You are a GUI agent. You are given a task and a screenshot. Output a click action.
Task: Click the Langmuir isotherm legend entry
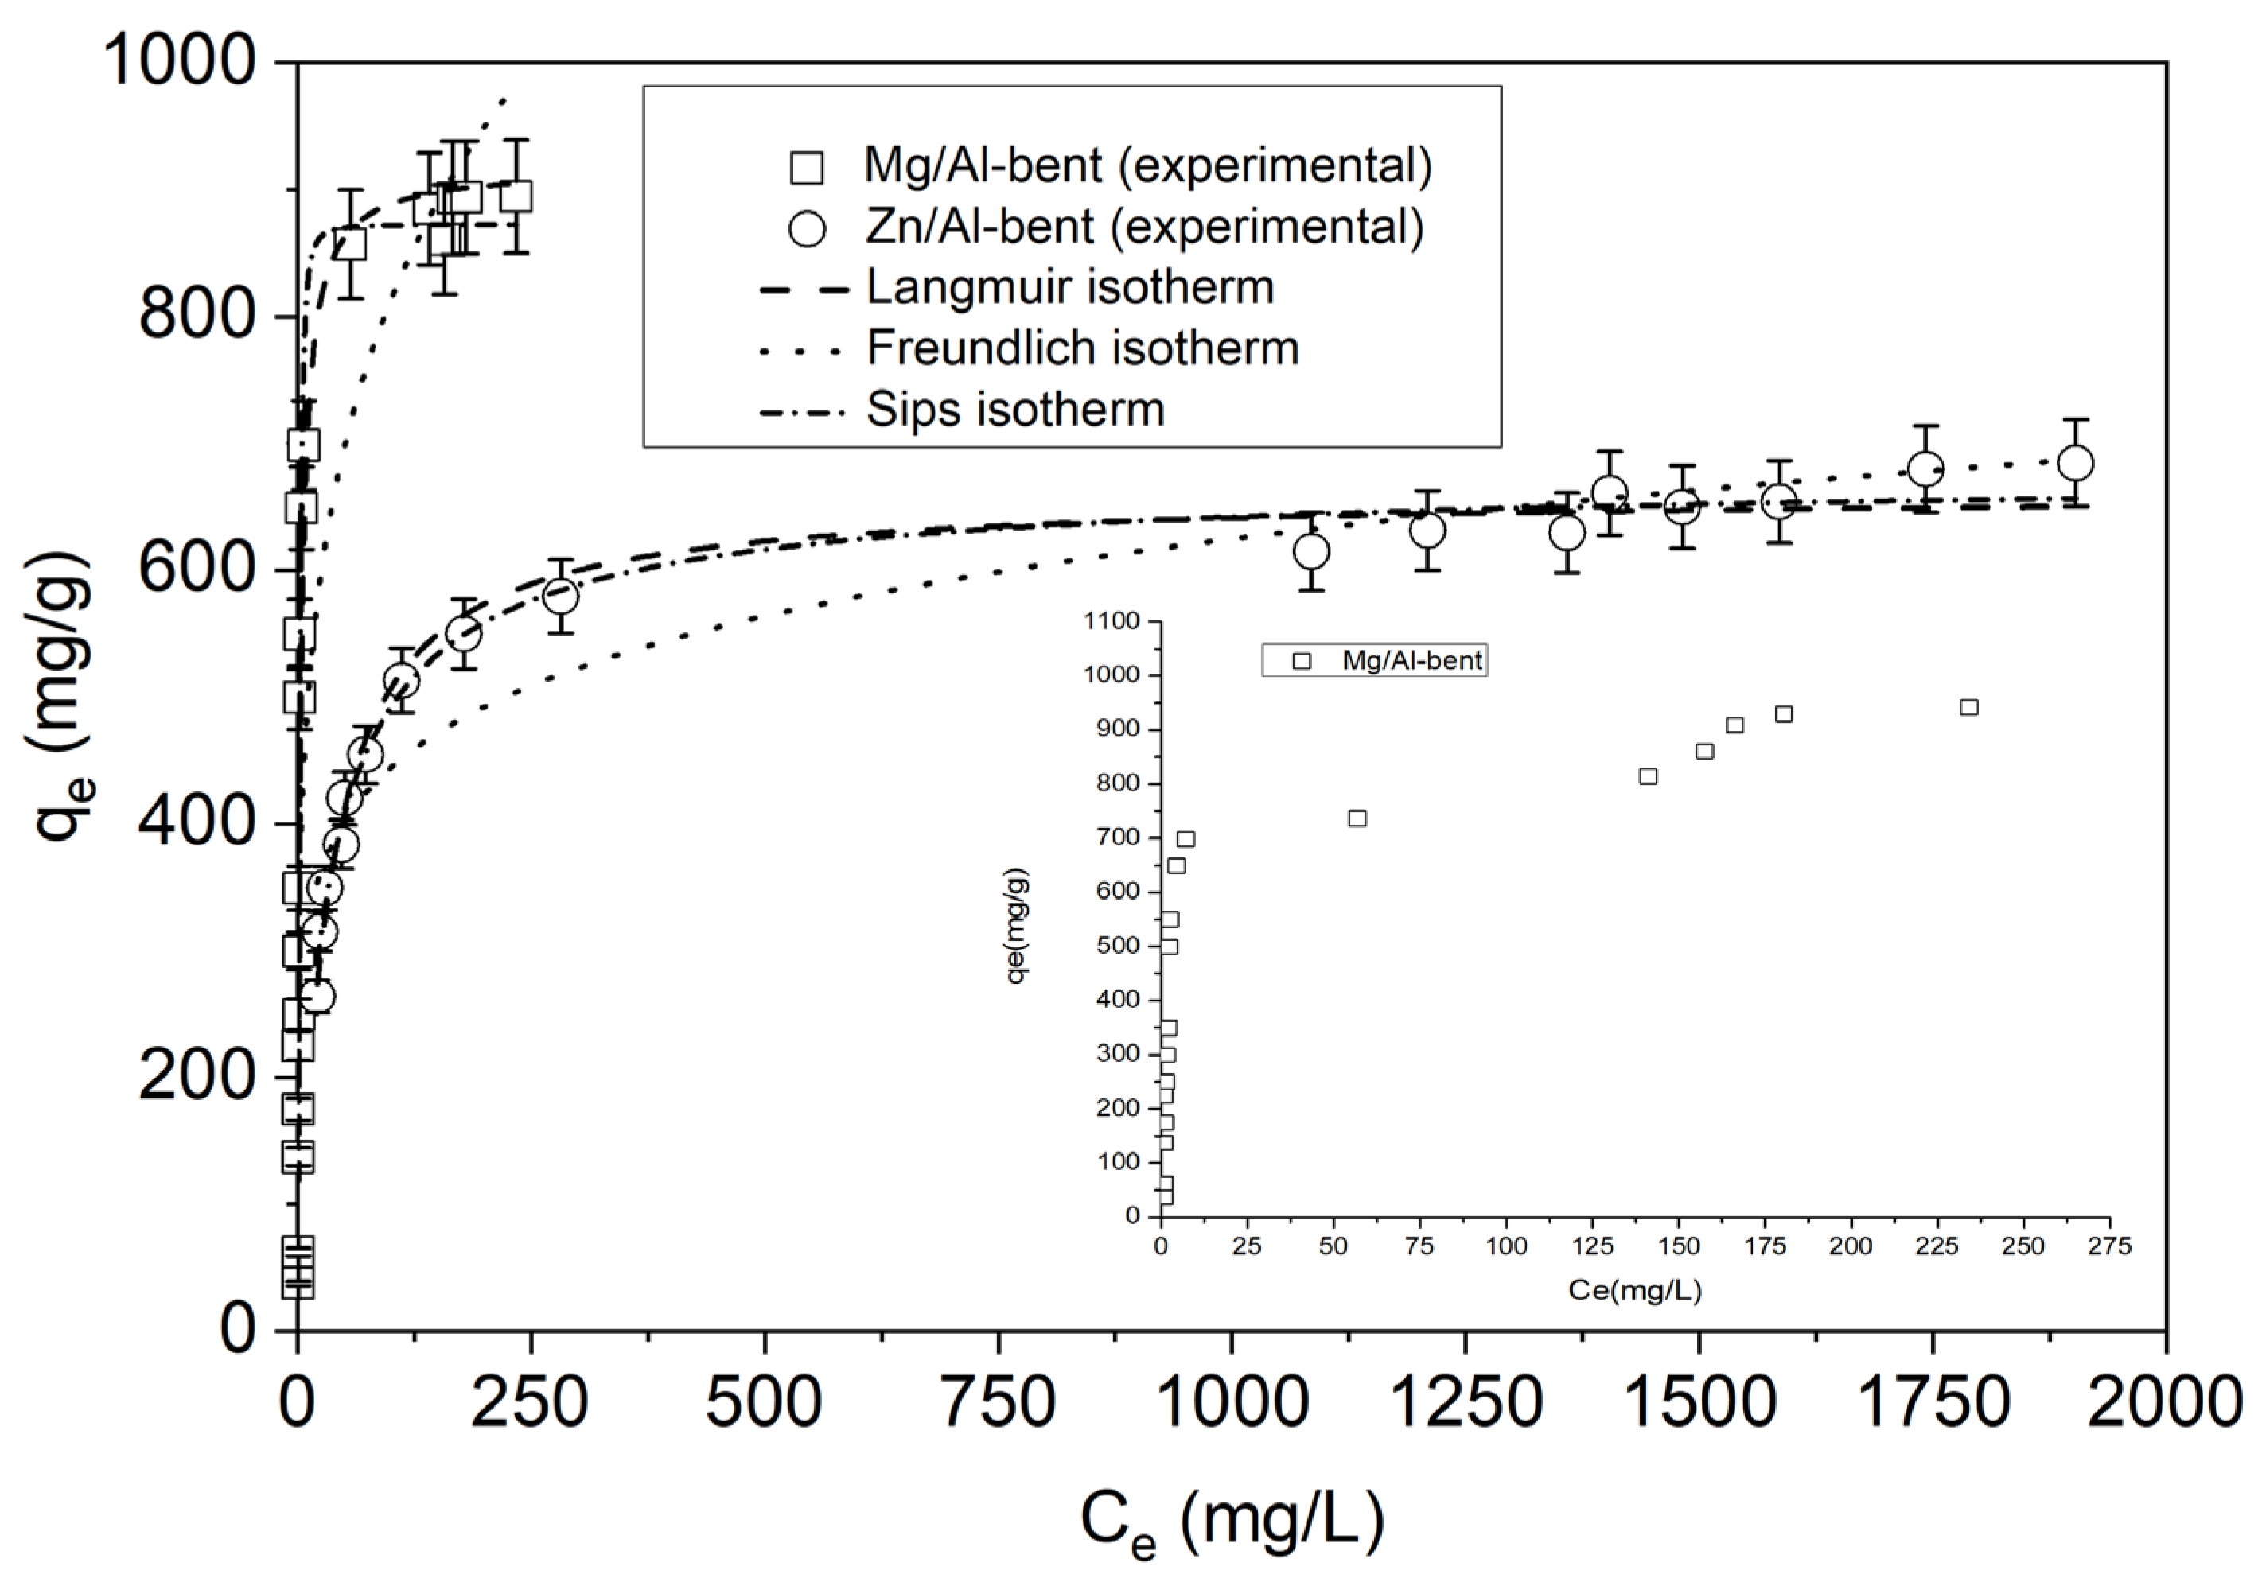coord(1069,288)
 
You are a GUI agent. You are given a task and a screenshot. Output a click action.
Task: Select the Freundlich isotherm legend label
coord(1082,348)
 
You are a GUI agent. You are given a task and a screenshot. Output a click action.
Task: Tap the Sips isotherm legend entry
coord(1014,410)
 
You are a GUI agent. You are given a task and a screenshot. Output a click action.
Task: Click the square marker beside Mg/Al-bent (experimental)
coord(807,168)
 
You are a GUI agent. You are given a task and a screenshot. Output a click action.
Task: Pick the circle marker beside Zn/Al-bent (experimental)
coord(807,228)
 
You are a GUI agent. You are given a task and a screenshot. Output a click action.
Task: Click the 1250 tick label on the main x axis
coord(1465,1401)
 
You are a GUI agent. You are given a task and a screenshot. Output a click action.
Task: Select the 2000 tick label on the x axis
coord(2163,1401)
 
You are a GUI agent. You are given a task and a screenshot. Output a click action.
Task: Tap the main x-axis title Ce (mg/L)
coord(1232,1522)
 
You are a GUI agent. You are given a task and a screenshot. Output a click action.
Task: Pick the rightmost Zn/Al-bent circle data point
coord(2076,463)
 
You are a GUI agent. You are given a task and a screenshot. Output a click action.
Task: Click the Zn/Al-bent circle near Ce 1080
coord(1310,552)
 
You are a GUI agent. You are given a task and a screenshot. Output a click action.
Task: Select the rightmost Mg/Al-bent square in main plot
coord(516,196)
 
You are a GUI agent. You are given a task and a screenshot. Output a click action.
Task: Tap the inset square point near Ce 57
coord(1357,818)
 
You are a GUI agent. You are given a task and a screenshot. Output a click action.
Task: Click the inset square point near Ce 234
coord(1968,707)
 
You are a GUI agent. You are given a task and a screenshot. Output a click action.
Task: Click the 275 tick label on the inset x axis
coord(2109,1246)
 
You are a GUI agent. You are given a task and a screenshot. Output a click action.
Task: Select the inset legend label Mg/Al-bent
coord(1411,661)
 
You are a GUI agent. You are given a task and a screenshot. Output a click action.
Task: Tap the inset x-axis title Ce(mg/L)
coord(1634,1290)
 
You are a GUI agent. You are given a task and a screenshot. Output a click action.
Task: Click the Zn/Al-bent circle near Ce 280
coord(559,596)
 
